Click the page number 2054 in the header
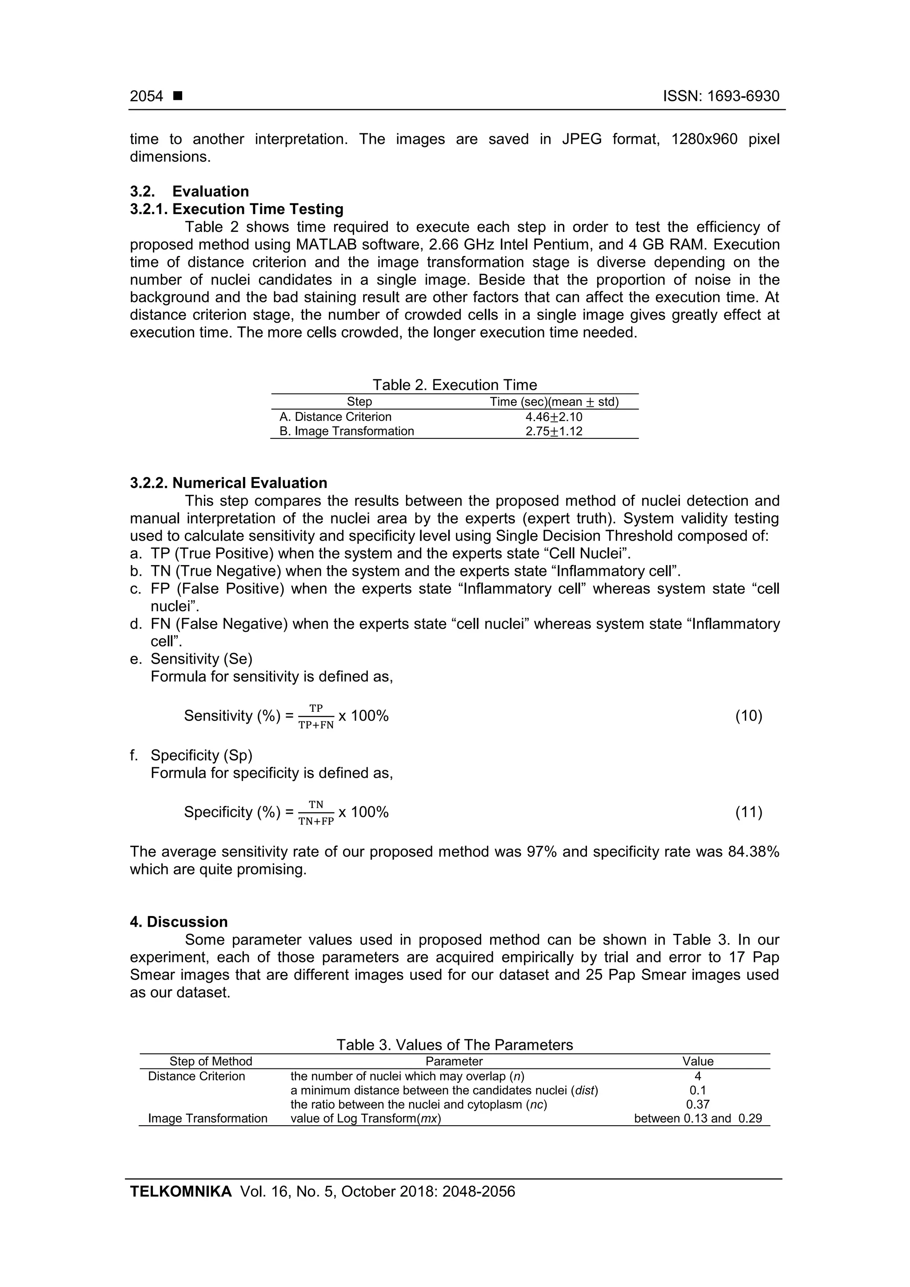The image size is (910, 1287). pos(146,96)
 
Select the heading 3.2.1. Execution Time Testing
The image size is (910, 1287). pos(237,209)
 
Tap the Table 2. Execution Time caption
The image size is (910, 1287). pos(455,385)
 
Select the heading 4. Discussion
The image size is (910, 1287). pos(179,922)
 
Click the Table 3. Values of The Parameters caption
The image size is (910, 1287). pos(455,1045)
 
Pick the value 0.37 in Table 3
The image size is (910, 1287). pos(698,1104)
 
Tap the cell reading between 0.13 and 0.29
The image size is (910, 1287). pos(698,1118)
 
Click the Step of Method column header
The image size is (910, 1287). pos(211,1061)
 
